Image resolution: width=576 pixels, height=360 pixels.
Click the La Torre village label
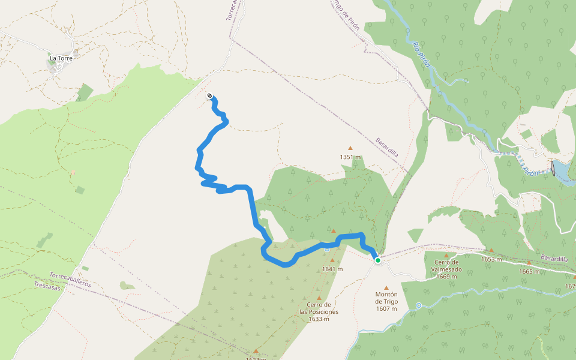pos(61,58)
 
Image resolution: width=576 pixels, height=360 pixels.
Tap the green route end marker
pos(378,260)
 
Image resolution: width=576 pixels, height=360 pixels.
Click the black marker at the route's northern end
pos(209,96)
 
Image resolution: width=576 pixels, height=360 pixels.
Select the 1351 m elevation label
pos(350,157)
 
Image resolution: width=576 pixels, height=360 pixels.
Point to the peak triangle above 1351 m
pos(350,148)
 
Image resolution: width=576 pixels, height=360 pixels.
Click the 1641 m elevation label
pos(332,269)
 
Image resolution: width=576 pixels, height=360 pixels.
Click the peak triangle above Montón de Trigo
pos(386,288)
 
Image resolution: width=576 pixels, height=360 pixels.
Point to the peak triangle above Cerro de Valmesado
pos(446,256)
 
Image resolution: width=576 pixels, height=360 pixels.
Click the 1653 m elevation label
pos(491,259)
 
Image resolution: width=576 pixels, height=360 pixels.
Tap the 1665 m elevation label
pos(529,271)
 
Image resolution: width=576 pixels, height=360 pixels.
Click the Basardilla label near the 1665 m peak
pos(554,259)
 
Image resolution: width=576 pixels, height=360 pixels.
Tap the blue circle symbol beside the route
pos(326,248)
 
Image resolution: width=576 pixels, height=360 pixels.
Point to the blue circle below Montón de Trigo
pos(418,305)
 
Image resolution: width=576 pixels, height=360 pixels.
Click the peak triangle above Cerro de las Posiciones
pos(319,298)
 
